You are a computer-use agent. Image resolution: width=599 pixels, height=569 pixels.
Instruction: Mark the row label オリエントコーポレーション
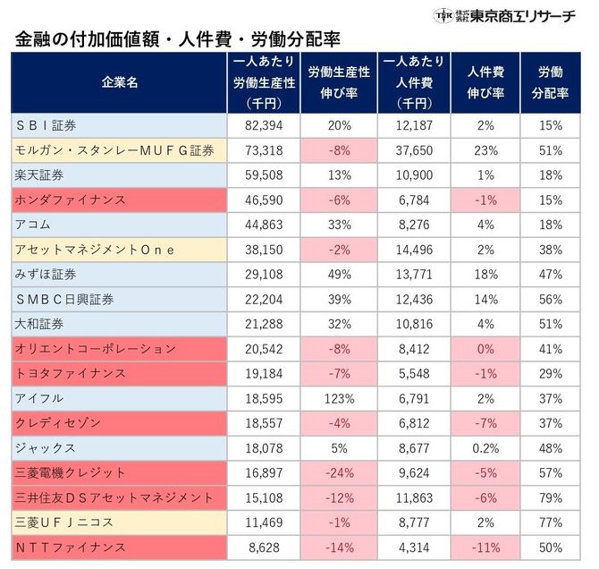(96, 348)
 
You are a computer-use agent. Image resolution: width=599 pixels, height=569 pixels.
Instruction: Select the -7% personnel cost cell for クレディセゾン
(485, 422)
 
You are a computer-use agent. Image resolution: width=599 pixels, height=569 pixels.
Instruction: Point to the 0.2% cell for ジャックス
(485, 447)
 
